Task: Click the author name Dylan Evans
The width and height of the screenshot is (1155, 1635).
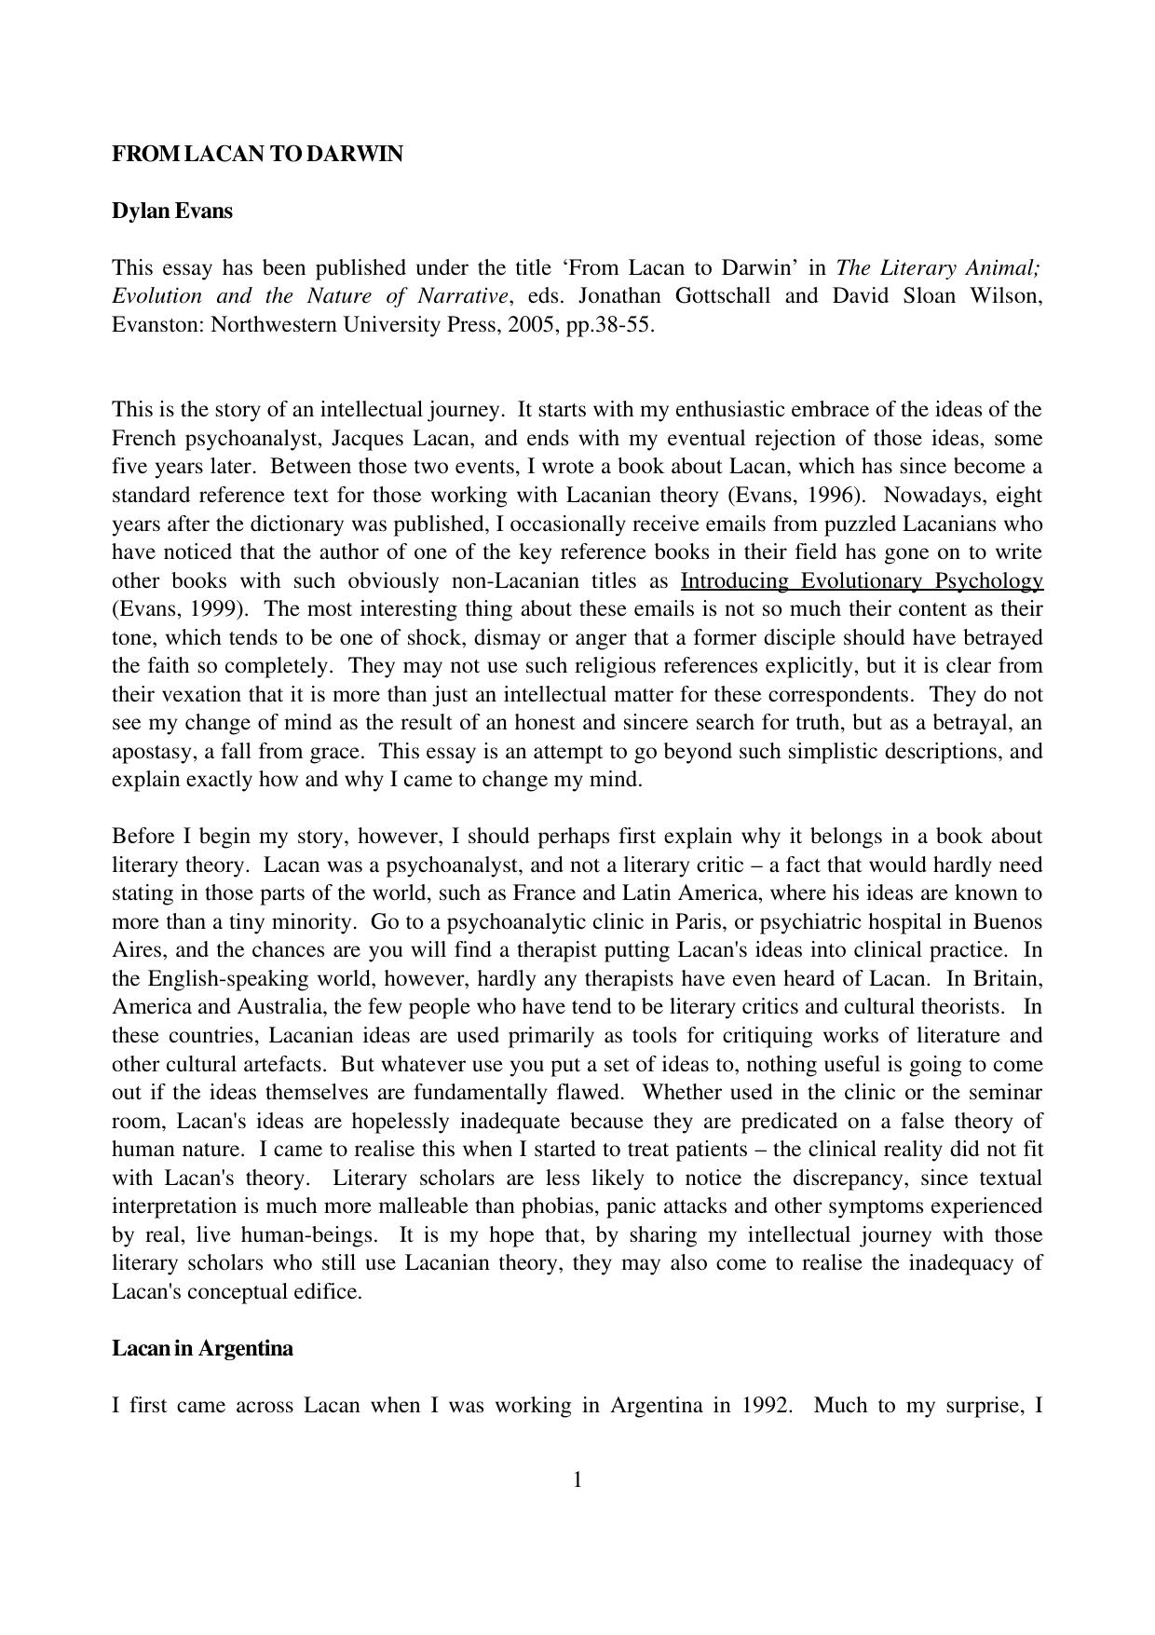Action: (x=172, y=211)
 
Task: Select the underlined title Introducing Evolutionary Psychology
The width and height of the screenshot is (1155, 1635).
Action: (x=862, y=581)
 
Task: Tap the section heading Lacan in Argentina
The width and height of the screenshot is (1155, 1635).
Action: (x=202, y=1349)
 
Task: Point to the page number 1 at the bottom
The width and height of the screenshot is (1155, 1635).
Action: (x=577, y=1480)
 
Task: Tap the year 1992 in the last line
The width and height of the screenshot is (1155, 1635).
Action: (x=767, y=1406)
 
